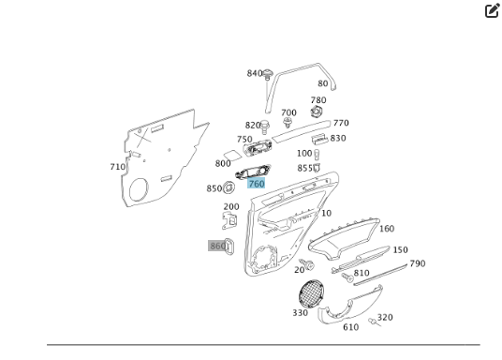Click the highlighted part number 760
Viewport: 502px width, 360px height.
pos(256,184)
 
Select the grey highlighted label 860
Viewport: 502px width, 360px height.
pos(217,246)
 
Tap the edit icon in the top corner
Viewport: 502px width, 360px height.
pos(493,11)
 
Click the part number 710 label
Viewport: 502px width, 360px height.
pos(117,167)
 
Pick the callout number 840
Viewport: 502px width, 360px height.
pos(255,73)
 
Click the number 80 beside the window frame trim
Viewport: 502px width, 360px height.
pos(322,83)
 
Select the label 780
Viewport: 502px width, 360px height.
pos(318,100)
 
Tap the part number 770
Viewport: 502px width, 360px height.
pos(341,123)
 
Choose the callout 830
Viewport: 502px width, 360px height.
pos(337,138)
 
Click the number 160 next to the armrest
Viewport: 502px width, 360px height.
pos(386,228)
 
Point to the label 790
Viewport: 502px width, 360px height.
pos(417,263)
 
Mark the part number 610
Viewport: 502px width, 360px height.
pos(350,327)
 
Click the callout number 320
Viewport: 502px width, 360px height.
pos(385,317)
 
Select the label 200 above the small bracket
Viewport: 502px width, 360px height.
pos(230,207)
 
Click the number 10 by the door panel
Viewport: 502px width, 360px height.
pos(326,213)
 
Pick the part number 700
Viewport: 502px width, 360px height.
pos(288,112)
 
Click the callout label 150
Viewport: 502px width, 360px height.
pos(400,250)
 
